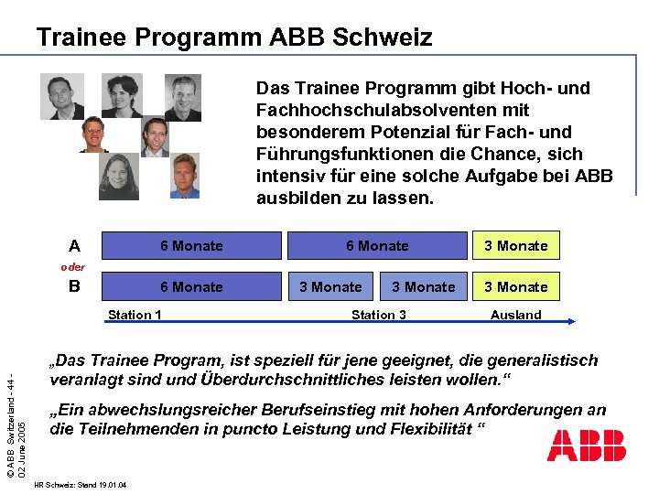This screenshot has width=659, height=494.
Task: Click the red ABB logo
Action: point(587,445)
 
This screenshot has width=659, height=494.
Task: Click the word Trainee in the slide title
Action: point(84,38)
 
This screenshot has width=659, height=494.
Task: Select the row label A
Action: point(74,245)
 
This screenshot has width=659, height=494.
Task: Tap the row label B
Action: point(75,286)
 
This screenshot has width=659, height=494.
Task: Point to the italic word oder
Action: point(73,267)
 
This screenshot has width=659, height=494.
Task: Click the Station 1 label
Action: point(135,315)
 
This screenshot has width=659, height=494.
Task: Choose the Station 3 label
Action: point(379,315)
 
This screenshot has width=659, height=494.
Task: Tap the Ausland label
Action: point(515,315)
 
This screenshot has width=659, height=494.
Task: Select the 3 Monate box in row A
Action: point(515,245)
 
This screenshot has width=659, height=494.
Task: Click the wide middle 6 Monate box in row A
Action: point(377,245)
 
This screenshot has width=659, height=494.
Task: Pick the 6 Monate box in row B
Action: point(191,286)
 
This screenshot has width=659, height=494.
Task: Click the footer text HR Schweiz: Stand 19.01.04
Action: point(79,484)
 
